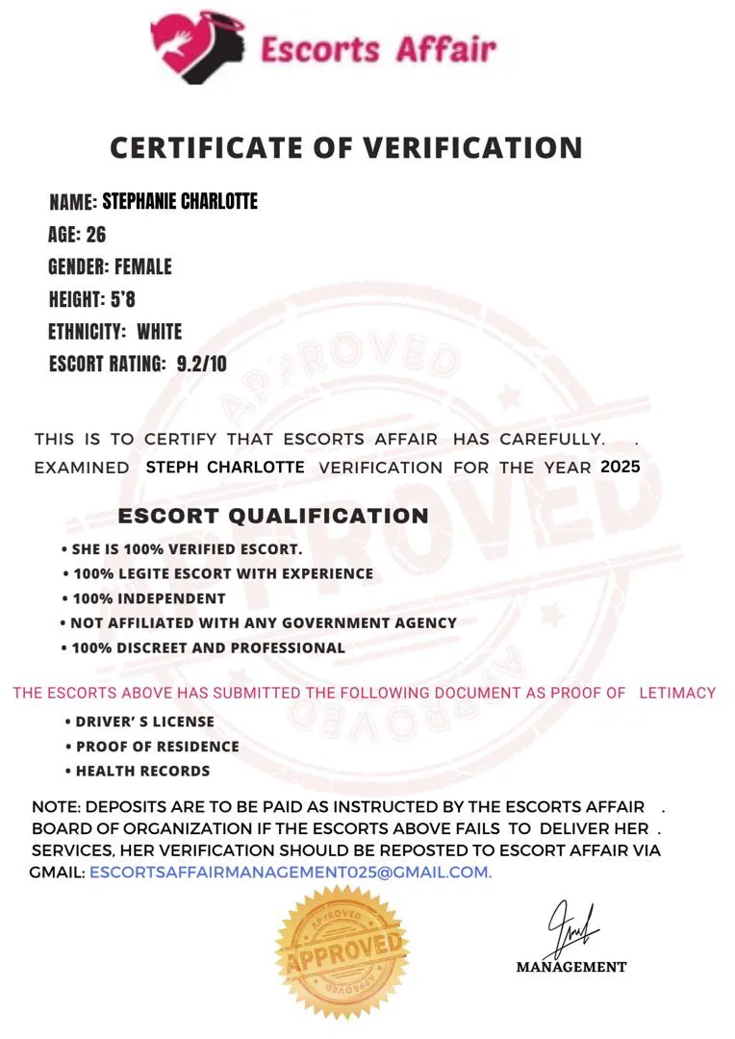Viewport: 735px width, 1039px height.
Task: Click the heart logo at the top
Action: tap(198, 46)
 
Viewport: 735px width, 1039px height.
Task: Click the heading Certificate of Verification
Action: tap(346, 147)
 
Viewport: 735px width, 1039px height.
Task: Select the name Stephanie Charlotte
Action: tap(180, 201)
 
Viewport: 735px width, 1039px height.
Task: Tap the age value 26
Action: tap(96, 234)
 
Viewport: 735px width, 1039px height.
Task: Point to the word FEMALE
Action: tap(143, 266)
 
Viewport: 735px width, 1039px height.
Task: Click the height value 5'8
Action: tap(123, 299)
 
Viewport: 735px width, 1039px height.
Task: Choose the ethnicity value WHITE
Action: tap(159, 332)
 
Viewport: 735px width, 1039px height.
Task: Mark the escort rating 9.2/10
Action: tap(202, 364)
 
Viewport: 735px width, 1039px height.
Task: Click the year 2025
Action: tap(620, 467)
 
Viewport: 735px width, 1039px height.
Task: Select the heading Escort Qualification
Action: tap(273, 516)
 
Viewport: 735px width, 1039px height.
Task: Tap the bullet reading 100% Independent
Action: tap(149, 598)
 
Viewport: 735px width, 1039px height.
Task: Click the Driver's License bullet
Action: tap(144, 722)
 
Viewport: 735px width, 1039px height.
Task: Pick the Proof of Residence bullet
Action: tap(157, 747)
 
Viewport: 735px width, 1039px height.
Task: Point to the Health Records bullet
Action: tap(142, 771)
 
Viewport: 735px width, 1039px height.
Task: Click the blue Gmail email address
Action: tap(290, 873)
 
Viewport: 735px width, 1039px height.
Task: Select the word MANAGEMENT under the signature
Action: tap(571, 967)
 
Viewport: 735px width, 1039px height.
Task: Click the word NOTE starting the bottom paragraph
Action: tap(53, 807)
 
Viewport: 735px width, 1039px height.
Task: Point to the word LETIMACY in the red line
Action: tap(678, 693)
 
